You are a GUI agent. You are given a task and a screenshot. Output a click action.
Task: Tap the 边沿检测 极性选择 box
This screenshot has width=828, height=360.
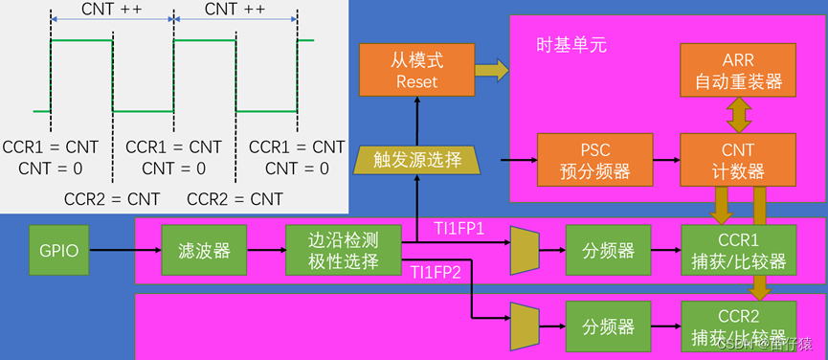click(x=342, y=250)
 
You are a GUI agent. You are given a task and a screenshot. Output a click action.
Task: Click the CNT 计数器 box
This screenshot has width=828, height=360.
click(x=737, y=160)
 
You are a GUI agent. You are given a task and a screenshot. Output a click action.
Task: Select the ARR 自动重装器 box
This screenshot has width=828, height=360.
click(x=737, y=70)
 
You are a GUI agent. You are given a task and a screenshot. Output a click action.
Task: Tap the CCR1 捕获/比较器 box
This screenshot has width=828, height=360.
click(x=737, y=250)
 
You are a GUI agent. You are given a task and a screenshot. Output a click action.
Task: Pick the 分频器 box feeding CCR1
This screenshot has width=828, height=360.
click(x=608, y=250)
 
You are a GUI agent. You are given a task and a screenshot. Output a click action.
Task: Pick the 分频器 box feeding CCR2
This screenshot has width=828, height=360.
click(x=608, y=326)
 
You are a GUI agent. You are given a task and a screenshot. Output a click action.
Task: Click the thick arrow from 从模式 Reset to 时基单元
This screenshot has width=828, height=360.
click(x=492, y=70)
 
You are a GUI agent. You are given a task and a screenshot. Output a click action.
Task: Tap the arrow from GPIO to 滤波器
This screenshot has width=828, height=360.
click(x=124, y=251)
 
